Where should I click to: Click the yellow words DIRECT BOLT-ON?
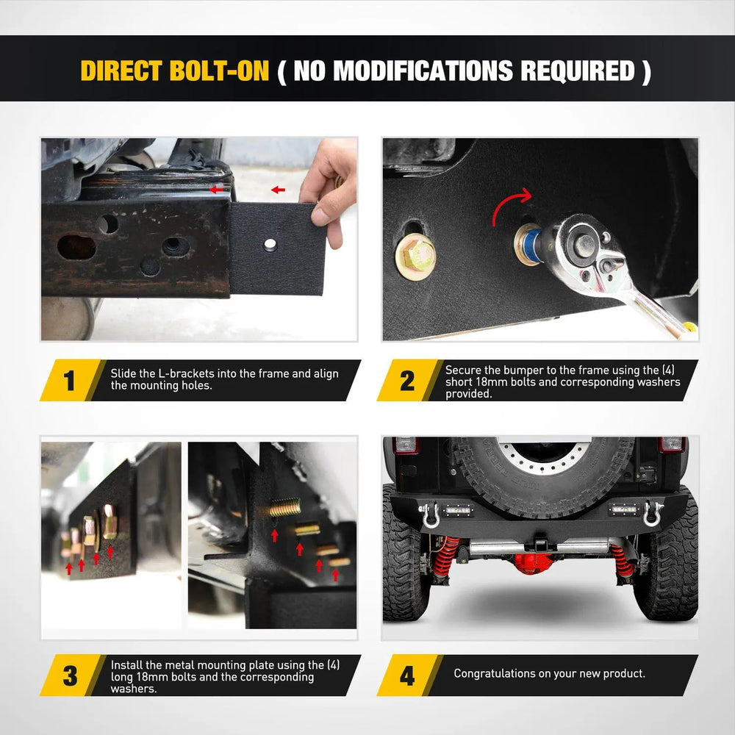175,71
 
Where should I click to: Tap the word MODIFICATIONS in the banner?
423,71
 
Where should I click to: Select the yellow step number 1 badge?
70,380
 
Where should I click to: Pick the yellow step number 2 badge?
407,380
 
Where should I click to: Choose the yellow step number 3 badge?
70,675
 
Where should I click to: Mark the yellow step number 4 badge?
407,675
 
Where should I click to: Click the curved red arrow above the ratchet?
509,203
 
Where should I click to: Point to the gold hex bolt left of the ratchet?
416,257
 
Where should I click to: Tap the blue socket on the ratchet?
531,244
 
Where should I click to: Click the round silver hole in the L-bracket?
270,244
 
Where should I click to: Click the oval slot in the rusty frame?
76,247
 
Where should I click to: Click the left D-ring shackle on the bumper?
429,515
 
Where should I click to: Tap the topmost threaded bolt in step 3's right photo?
284,507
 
